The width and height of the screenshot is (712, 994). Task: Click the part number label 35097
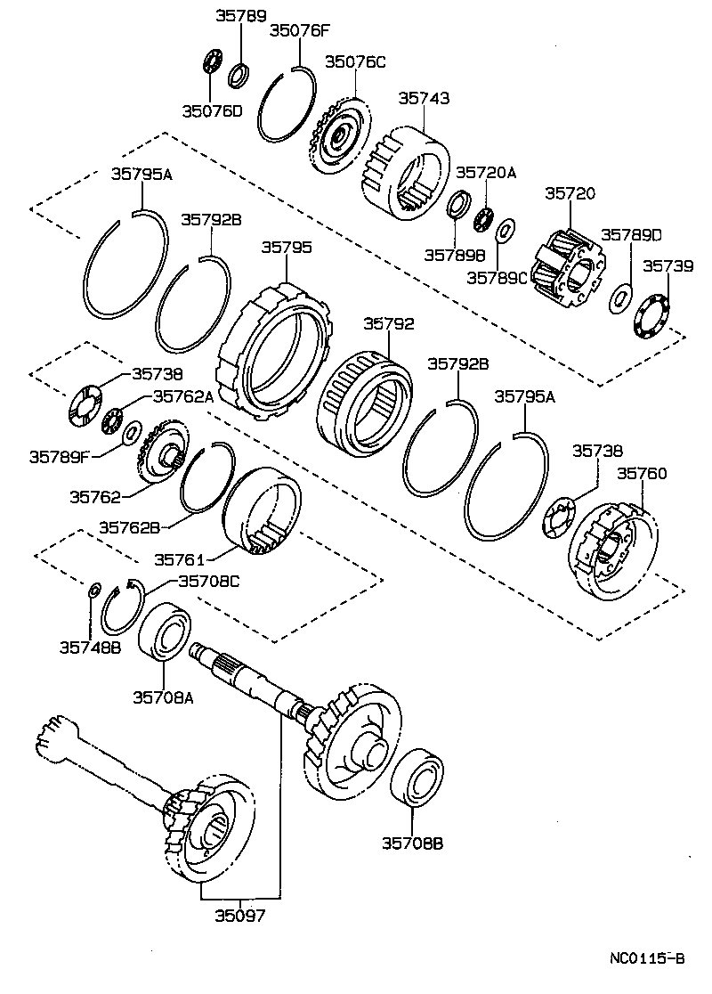point(239,915)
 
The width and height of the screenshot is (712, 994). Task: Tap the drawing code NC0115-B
point(647,959)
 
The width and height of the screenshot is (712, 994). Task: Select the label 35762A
point(183,396)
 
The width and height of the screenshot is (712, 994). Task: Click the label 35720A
point(486,173)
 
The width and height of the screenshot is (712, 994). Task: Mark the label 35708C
point(208,581)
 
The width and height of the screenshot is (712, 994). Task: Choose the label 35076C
point(354,61)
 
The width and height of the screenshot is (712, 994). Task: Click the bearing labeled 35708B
point(417,778)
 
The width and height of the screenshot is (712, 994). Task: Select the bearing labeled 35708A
point(163,633)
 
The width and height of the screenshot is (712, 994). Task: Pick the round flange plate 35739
point(653,316)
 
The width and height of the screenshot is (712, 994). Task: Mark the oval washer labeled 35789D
point(620,298)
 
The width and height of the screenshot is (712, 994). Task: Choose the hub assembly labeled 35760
point(612,552)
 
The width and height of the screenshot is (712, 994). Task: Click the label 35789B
point(453,253)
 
